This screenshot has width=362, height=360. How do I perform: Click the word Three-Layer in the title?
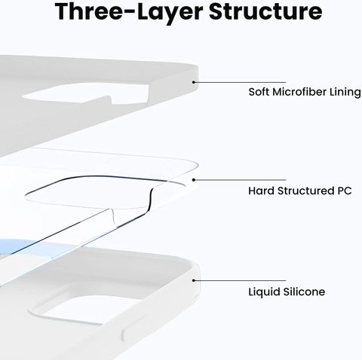[x=129, y=12]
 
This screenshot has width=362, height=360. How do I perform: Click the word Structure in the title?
[x=265, y=11]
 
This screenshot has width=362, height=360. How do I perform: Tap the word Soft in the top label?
[x=259, y=92]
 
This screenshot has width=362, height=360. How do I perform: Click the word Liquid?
[x=264, y=292]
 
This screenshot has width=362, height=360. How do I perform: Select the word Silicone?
[x=304, y=291]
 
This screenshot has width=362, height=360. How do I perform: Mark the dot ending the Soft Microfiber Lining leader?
[x=194, y=82]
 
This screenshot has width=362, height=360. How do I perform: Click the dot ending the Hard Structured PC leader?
[x=194, y=180]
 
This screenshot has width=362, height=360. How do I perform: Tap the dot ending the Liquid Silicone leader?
[x=194, y=280]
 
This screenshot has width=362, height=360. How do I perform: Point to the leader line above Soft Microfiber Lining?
[x=241, y=82]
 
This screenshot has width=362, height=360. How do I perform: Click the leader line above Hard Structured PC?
[x=241, y=180]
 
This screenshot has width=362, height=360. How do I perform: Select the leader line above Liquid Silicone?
[x=241, y=280]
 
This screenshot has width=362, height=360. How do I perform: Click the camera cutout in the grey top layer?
[x=85, y=93]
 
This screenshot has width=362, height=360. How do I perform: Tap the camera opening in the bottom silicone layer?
[x=83, y=310]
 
